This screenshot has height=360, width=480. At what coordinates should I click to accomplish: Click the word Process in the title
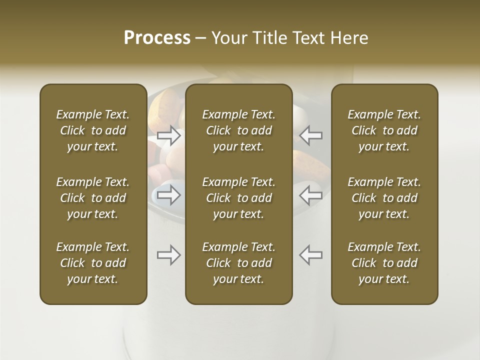coord(157,38)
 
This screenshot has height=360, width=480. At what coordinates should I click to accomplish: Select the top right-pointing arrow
coord(169,135)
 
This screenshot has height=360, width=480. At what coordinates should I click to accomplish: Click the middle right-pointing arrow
coord(169,194)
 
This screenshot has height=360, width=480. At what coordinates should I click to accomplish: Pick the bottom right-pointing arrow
coord(169,255)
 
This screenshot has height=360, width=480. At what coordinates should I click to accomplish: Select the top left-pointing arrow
coord(310,135)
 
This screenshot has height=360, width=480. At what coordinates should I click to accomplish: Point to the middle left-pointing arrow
coord(310,194)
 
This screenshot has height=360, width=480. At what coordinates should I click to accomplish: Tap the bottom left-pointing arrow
coord(310,255)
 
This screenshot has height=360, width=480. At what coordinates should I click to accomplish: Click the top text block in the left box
coord(93,130)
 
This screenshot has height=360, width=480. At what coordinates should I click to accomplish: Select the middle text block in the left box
coord(93,198)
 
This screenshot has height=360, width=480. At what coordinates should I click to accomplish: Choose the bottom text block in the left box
coord(93,263)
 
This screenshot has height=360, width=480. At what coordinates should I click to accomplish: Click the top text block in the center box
coord(238,130)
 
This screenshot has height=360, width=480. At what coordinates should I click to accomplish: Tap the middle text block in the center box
coord(238,198)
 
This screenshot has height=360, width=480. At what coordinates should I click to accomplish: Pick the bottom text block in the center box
coord(238,263)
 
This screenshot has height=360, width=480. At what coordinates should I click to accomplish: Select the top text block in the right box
coord(384,130)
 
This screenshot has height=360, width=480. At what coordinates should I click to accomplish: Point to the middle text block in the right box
coord(384,198)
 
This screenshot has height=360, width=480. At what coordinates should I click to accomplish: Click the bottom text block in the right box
coord(384,263)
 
